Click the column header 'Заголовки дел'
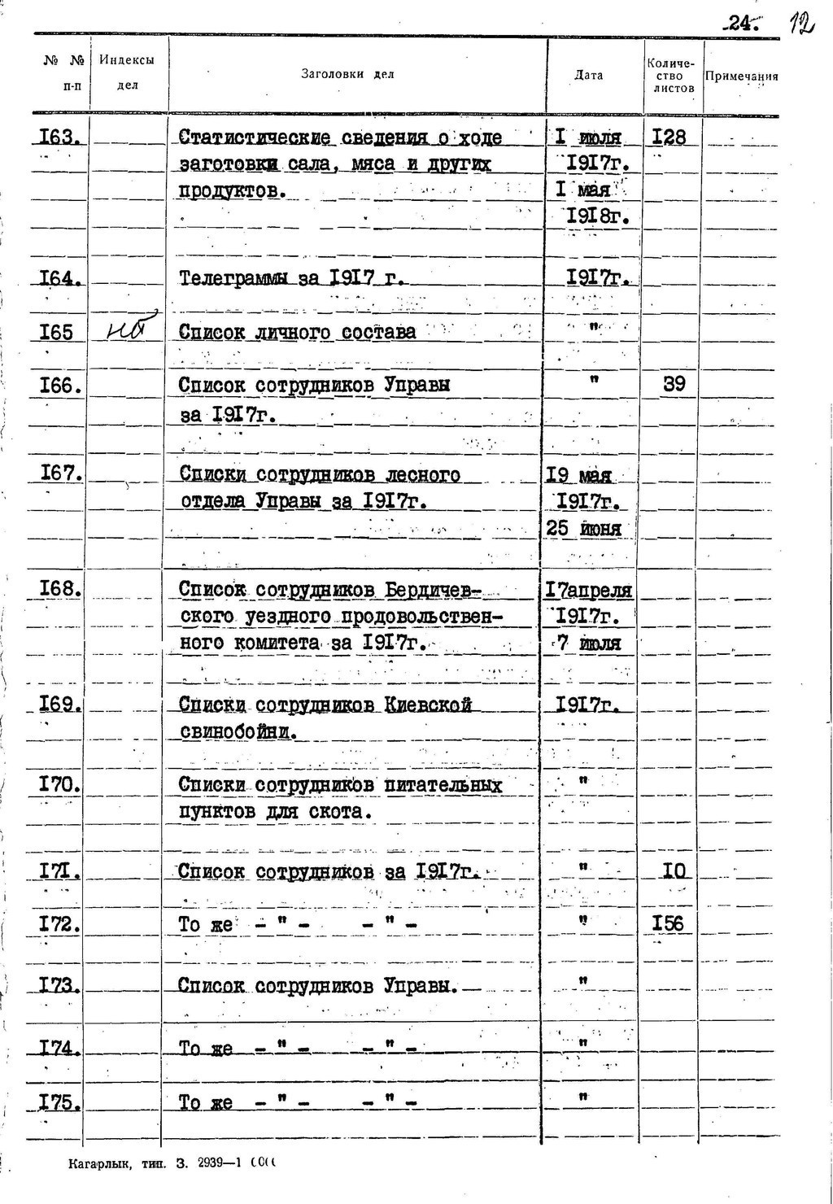pyautogui.click(x=347, y=74)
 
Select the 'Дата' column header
pyautogui.click(x=588, y=75)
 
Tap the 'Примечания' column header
pyautogui.click(x=741, y=76)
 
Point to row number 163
pyautogui.click(x=59, y=137)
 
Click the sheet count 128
pyautogui.click(x=669, y=137)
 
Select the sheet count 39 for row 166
pyautogui.click(x=674, y=384)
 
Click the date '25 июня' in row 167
pyautogui.click(x=583, y=529)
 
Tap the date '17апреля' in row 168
pyautogui.click(x=588, y=590)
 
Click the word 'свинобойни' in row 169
pyautogui.click(x=235, y=731)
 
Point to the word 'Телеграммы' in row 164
pyautogui.click(x=233, y=279)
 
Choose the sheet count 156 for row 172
pyautogui.click(x=668, y=923)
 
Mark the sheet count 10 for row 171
pyautogui.click(x=674, y=871)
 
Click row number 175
pyautogui.click(x=59, y=1102)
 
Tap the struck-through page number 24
pyautogui.click(x=742, y=25)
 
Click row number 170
pyautogui.click(x=59, y=785)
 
